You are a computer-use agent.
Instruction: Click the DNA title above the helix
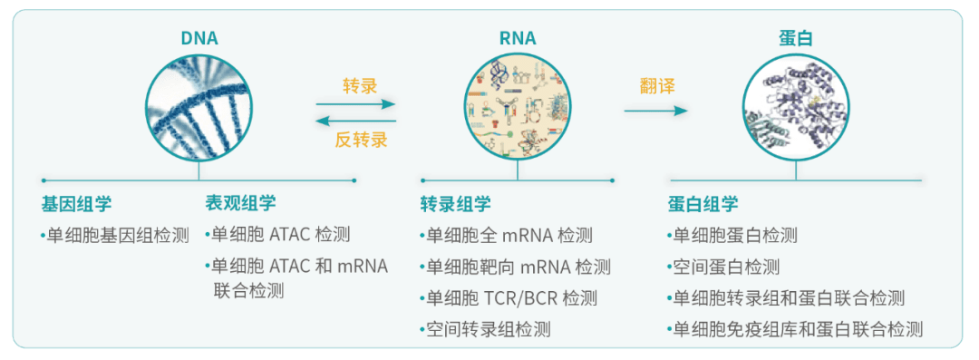[199, 38]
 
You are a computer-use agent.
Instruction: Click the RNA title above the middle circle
[518, 38]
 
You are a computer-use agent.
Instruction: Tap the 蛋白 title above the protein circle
[796, 38]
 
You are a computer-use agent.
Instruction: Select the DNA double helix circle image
[199, 105]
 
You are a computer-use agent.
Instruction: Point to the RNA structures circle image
[519, 105]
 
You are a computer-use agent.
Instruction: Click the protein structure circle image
[796, 105]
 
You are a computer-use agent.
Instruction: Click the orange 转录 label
[360, 85]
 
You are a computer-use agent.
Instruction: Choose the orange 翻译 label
[657, 85]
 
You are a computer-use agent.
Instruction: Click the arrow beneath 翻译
[655, 112]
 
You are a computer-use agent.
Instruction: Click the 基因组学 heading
[76, 203]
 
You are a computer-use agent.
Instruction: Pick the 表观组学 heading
[240, 203]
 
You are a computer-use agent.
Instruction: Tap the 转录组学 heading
[455, 204]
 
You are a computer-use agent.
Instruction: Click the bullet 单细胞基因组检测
[117, 236]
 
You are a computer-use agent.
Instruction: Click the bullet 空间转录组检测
[487, 329]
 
